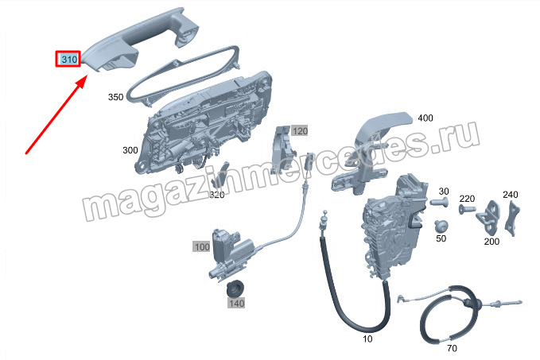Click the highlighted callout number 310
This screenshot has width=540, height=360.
pos(68,59)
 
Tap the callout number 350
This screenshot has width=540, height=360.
pos(116,97)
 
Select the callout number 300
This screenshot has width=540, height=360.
pos(130,150)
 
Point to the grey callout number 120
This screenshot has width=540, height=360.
pos(300,131)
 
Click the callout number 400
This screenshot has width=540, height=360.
pos(425,118)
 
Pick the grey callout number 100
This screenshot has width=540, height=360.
pos(201,247)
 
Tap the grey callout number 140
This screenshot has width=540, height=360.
pos(236,304)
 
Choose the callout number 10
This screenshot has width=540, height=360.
pos(367,339)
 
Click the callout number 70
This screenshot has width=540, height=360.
pos(452,348)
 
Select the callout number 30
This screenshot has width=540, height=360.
pos(444,191)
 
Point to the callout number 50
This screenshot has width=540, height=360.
pos(441,238)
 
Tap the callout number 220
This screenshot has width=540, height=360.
pos(467,199)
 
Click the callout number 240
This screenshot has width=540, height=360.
pos(511,195)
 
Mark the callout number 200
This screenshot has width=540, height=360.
pos(491,242)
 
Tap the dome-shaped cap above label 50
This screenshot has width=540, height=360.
pos(441,226)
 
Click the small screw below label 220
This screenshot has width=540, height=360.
pos(467,208)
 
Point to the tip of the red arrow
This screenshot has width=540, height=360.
pos(87,78)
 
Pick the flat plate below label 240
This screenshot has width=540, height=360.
pos(512,219)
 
